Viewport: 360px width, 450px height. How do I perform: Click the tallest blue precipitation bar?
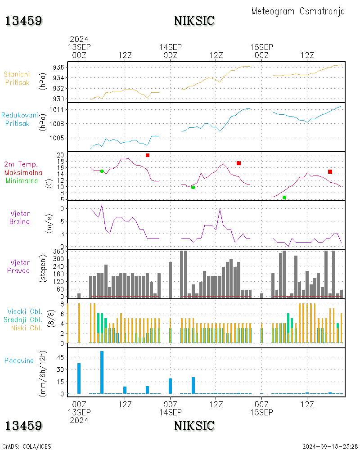pos(102,372)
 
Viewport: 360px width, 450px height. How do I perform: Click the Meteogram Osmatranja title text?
pos(298,11)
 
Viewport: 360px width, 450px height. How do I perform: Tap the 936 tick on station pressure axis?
pos(58,67)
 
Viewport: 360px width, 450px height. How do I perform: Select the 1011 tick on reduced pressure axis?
pos(57,110)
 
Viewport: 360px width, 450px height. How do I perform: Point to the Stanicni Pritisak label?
pos(17,78)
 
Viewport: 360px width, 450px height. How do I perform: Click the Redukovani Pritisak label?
pos(19,119)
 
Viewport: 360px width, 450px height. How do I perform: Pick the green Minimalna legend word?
pos(22,181)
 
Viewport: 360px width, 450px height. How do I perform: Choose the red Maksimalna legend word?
pos(23,173)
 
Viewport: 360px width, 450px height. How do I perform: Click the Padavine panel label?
pos(19,361)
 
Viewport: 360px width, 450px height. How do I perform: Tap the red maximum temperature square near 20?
pos(148,155)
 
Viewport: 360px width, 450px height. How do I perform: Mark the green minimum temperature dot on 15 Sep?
pos(284,198)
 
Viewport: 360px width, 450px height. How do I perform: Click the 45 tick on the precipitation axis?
pos(60,357)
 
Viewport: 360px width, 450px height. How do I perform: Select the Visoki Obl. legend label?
pos(25,312)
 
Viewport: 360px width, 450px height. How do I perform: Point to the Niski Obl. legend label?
pos(27,328)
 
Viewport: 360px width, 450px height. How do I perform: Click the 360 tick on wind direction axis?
pos(58,252)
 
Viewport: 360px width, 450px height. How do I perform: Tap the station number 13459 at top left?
pos(24,21)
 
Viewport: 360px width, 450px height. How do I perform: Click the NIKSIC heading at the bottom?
pos(194,426)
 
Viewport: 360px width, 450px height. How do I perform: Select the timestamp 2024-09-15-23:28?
pos(330,446)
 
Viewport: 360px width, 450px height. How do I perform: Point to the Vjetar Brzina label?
pos(19,217)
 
